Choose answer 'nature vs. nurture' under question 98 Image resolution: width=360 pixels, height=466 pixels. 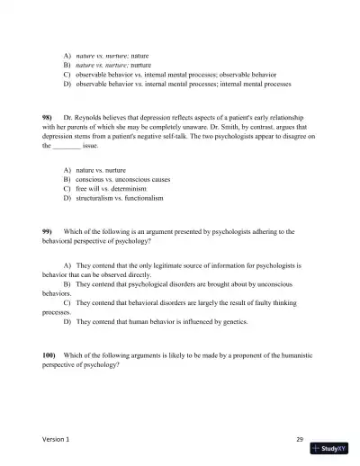[x=103, y=169]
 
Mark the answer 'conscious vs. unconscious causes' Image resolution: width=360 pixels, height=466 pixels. [x=123, y=178]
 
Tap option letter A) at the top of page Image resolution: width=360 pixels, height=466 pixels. [x=67, y=56]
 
